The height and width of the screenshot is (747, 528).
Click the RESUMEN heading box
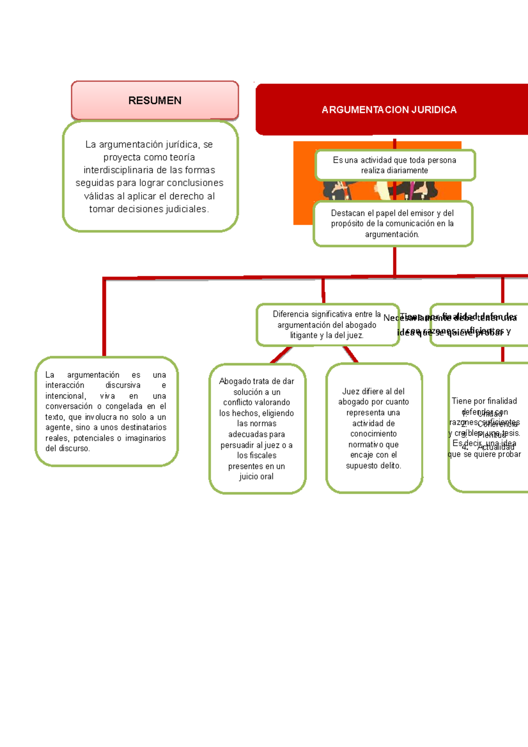coord(155,100)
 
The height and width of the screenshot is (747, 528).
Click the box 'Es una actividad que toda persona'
coord(395,165)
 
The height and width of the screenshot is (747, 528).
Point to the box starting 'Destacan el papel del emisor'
coord(392,223)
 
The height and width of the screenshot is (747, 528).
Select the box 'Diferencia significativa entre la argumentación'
coord(327,325)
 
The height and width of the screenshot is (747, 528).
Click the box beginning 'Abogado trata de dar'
coord(257,428)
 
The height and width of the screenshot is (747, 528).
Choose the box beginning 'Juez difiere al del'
coord(374,428)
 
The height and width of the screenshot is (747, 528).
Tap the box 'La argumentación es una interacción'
coord(106,411)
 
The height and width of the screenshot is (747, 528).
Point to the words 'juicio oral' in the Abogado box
coord(257,476)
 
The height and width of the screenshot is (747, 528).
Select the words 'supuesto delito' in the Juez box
coord(374,465)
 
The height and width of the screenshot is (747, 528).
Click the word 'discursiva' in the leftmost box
coord(123,385)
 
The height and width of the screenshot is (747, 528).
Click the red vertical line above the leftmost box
coord(104,317)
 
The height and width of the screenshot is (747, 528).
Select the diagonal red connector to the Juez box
coord(350,354)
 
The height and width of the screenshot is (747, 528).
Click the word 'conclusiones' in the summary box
coord(198,183)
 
